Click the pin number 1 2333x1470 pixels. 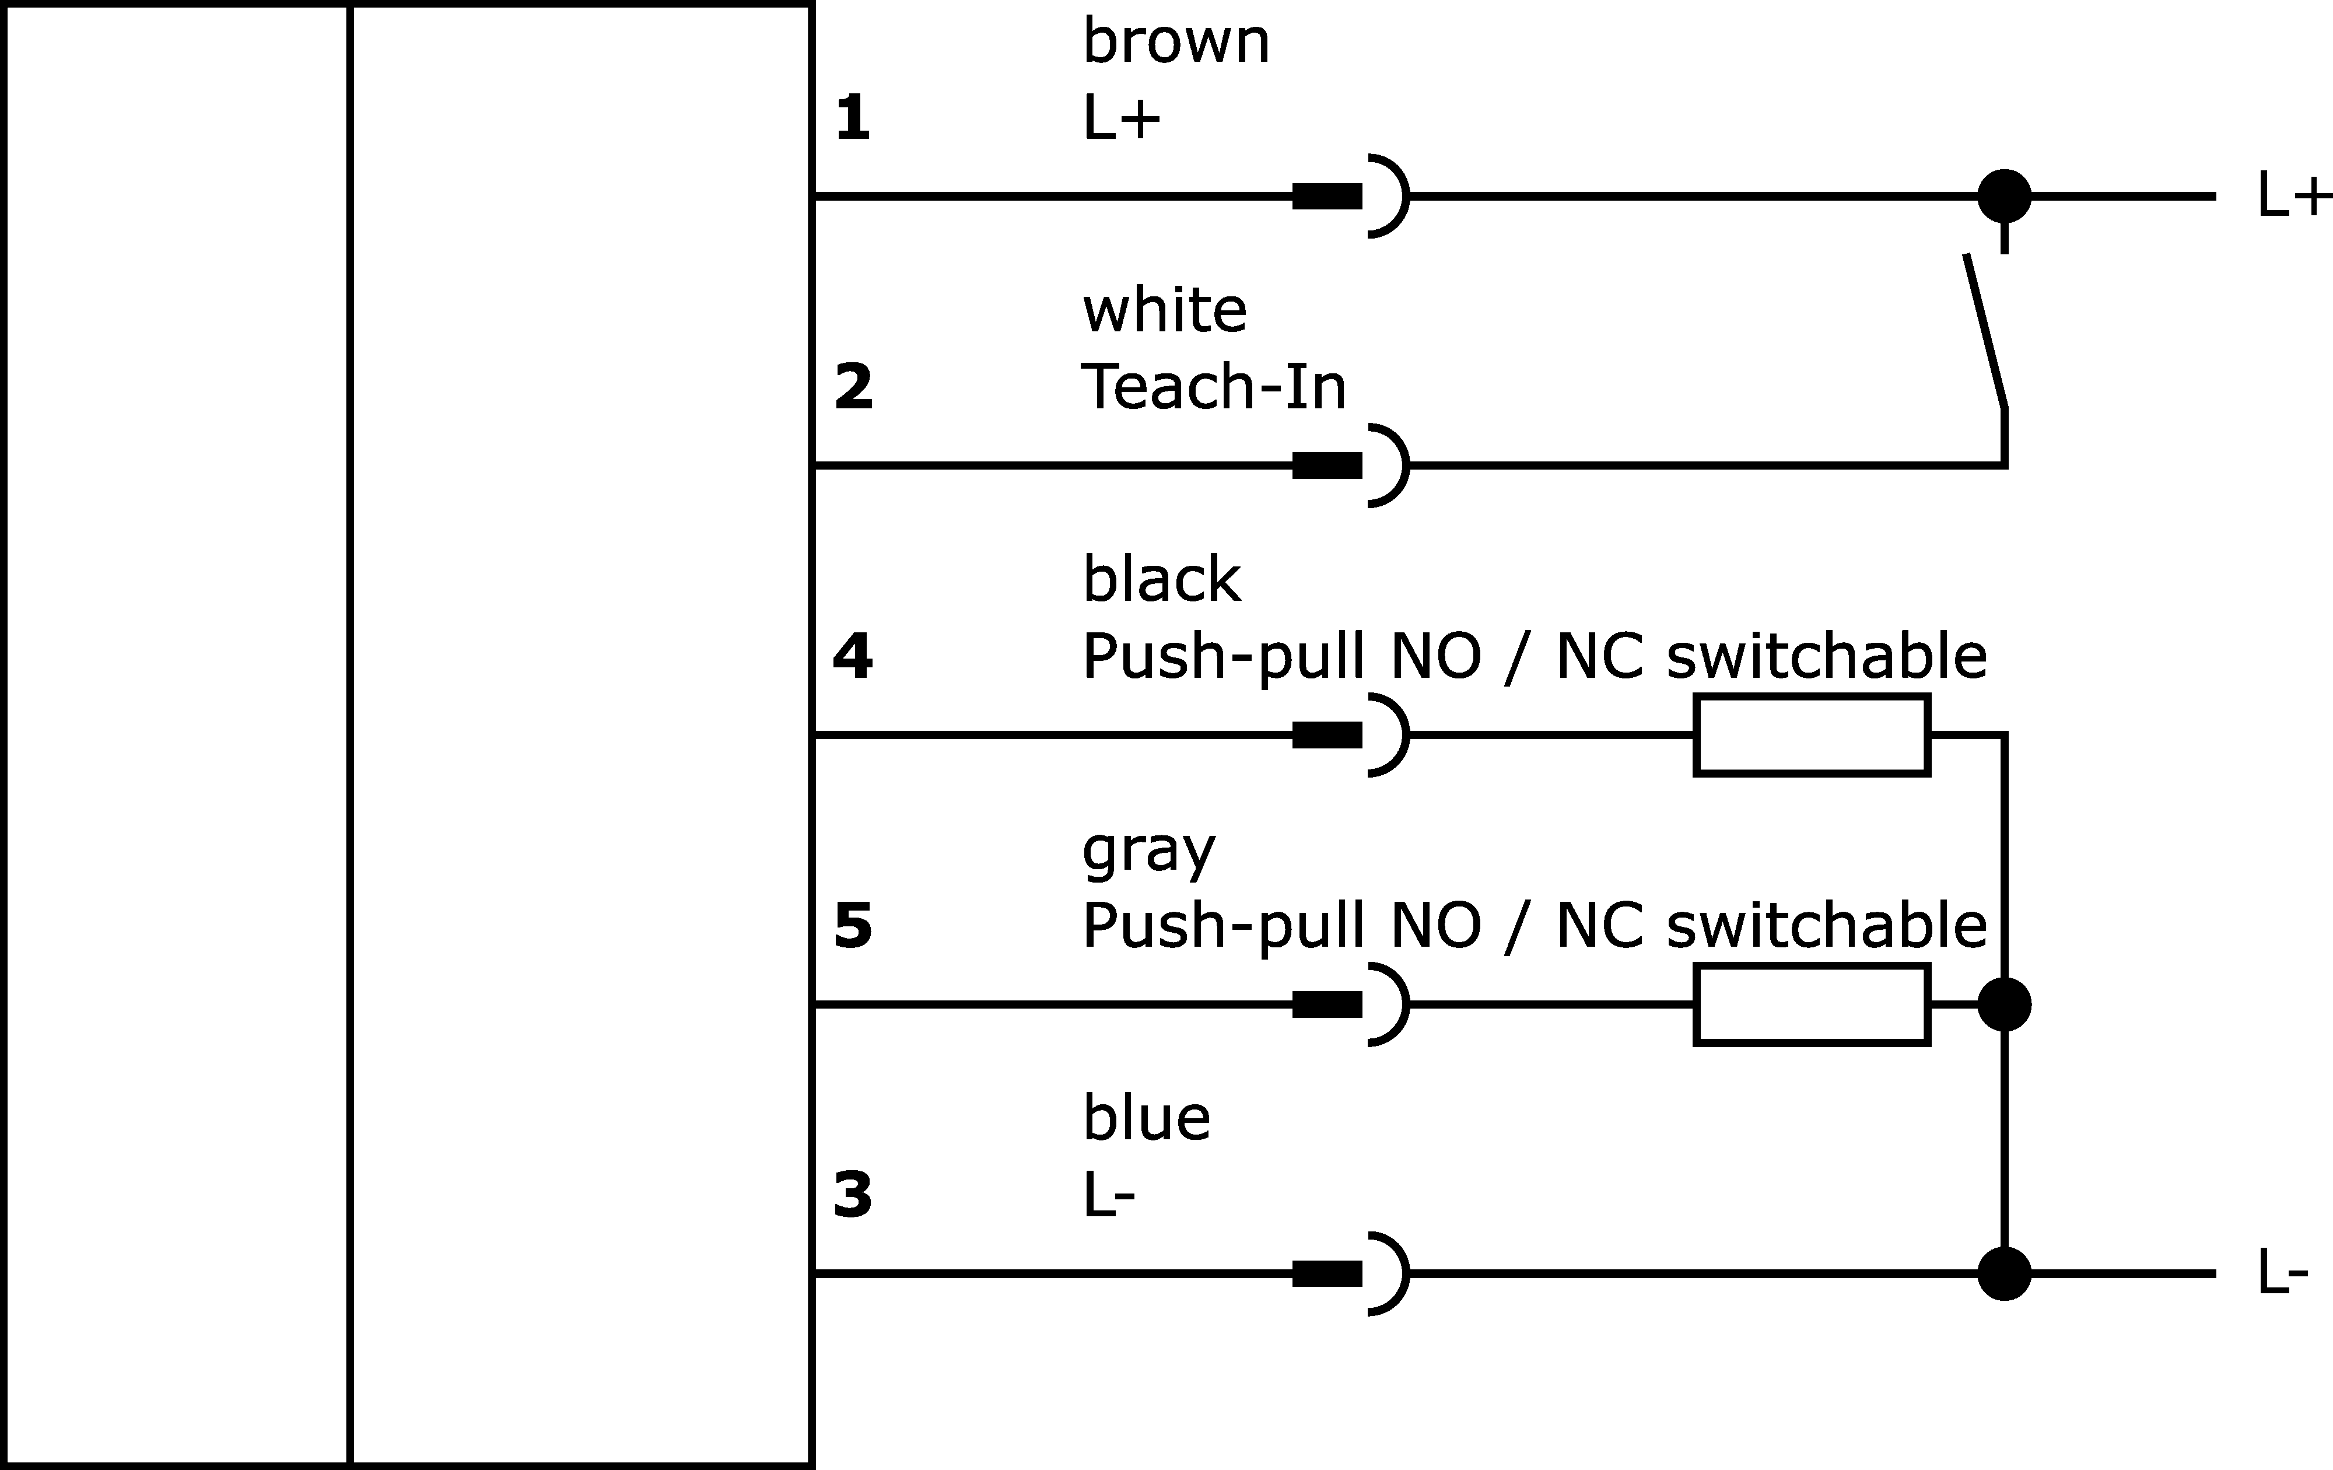(853, 118)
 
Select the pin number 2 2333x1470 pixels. (853, 387)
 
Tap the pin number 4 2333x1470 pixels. (853, 657)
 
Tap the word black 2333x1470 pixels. (1162, 579)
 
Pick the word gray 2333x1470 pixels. (1148, 853)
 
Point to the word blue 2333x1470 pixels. (1146, 1118)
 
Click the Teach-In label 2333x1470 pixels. (1214, 387)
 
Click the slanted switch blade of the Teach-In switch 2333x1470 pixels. (1984, 331)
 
